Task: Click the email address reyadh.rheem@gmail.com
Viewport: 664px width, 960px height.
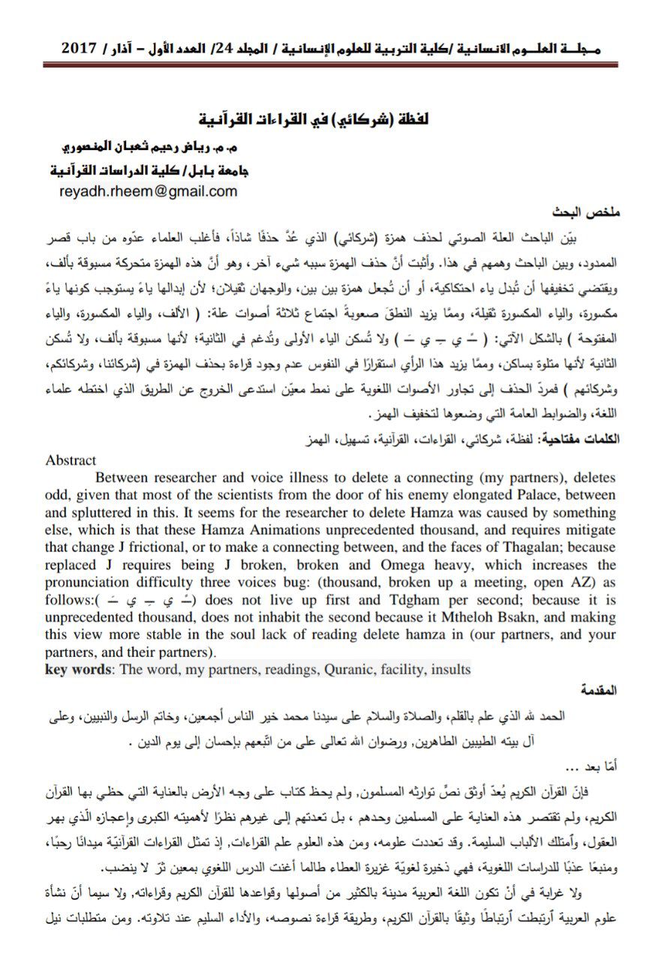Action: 148,191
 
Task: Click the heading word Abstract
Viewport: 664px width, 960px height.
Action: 71,460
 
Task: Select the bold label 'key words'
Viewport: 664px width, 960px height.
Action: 75,670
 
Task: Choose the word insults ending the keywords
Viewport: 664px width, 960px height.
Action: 449,670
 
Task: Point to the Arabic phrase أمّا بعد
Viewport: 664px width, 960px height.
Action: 593,766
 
